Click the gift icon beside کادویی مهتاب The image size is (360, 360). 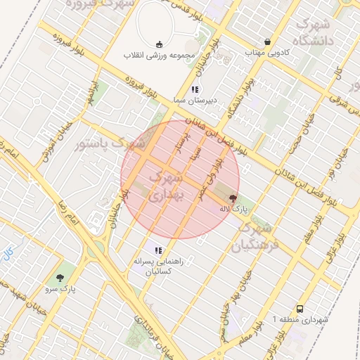(x=267, y=41)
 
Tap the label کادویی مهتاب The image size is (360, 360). (x=263, y=52)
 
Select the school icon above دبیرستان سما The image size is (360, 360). (x=195, y=89)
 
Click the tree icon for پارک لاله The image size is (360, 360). (x=233, y=198)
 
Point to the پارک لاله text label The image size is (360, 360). (x=234, y=209)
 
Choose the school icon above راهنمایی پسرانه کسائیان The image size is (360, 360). (x=159, y=250)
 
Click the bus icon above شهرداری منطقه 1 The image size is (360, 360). (x=300, y=309)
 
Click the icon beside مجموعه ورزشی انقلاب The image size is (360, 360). (x=158, y=43)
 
